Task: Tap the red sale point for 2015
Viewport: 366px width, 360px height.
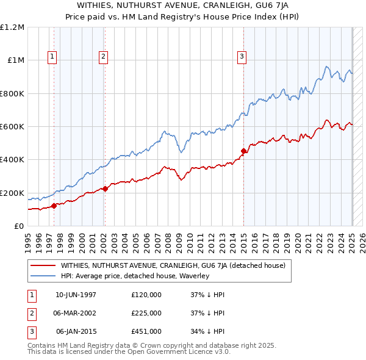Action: [243, 151]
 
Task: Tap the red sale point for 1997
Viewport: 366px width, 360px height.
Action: [54, 206]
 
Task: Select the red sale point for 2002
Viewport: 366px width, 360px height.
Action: [105, 189]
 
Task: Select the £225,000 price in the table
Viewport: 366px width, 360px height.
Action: [146, 313]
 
